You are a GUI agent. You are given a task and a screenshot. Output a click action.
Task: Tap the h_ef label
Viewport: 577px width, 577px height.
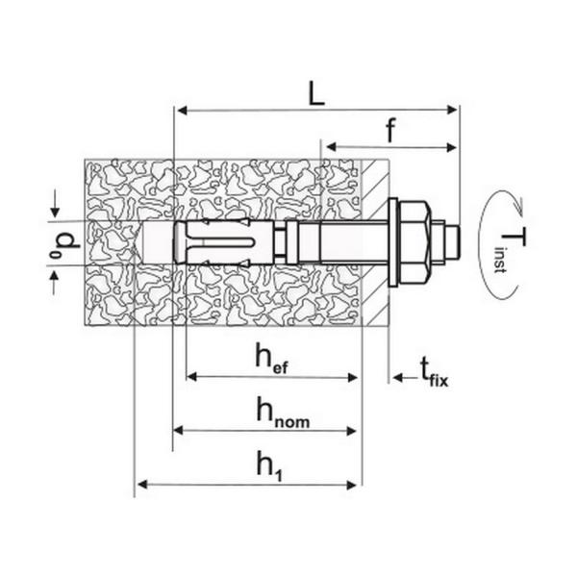(x=271, y=358)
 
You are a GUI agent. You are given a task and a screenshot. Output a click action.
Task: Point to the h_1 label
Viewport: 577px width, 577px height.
(x=269, y=466)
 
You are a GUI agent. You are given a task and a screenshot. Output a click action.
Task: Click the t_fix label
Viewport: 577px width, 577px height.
(x=435, y=372)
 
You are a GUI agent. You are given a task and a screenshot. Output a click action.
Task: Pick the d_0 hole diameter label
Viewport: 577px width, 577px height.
(x=65, y=244)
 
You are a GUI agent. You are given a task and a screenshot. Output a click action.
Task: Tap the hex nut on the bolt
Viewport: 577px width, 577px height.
(x=414, y=243)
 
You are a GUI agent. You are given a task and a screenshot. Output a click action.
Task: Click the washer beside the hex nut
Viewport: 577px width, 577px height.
(x=393, y=243)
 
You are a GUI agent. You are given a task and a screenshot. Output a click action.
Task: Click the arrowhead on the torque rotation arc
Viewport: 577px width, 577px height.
(x=518, y=207)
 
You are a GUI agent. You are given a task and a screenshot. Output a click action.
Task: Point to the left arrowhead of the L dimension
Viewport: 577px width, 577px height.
(x=183, y=110)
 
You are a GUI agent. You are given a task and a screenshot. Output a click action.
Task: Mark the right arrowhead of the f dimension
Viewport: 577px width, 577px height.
(x=451, y=147)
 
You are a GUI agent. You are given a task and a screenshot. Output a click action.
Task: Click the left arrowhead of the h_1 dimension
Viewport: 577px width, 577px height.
(x=142, y=485)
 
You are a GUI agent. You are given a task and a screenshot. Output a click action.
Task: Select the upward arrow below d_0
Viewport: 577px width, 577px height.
(x=54, y=283)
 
